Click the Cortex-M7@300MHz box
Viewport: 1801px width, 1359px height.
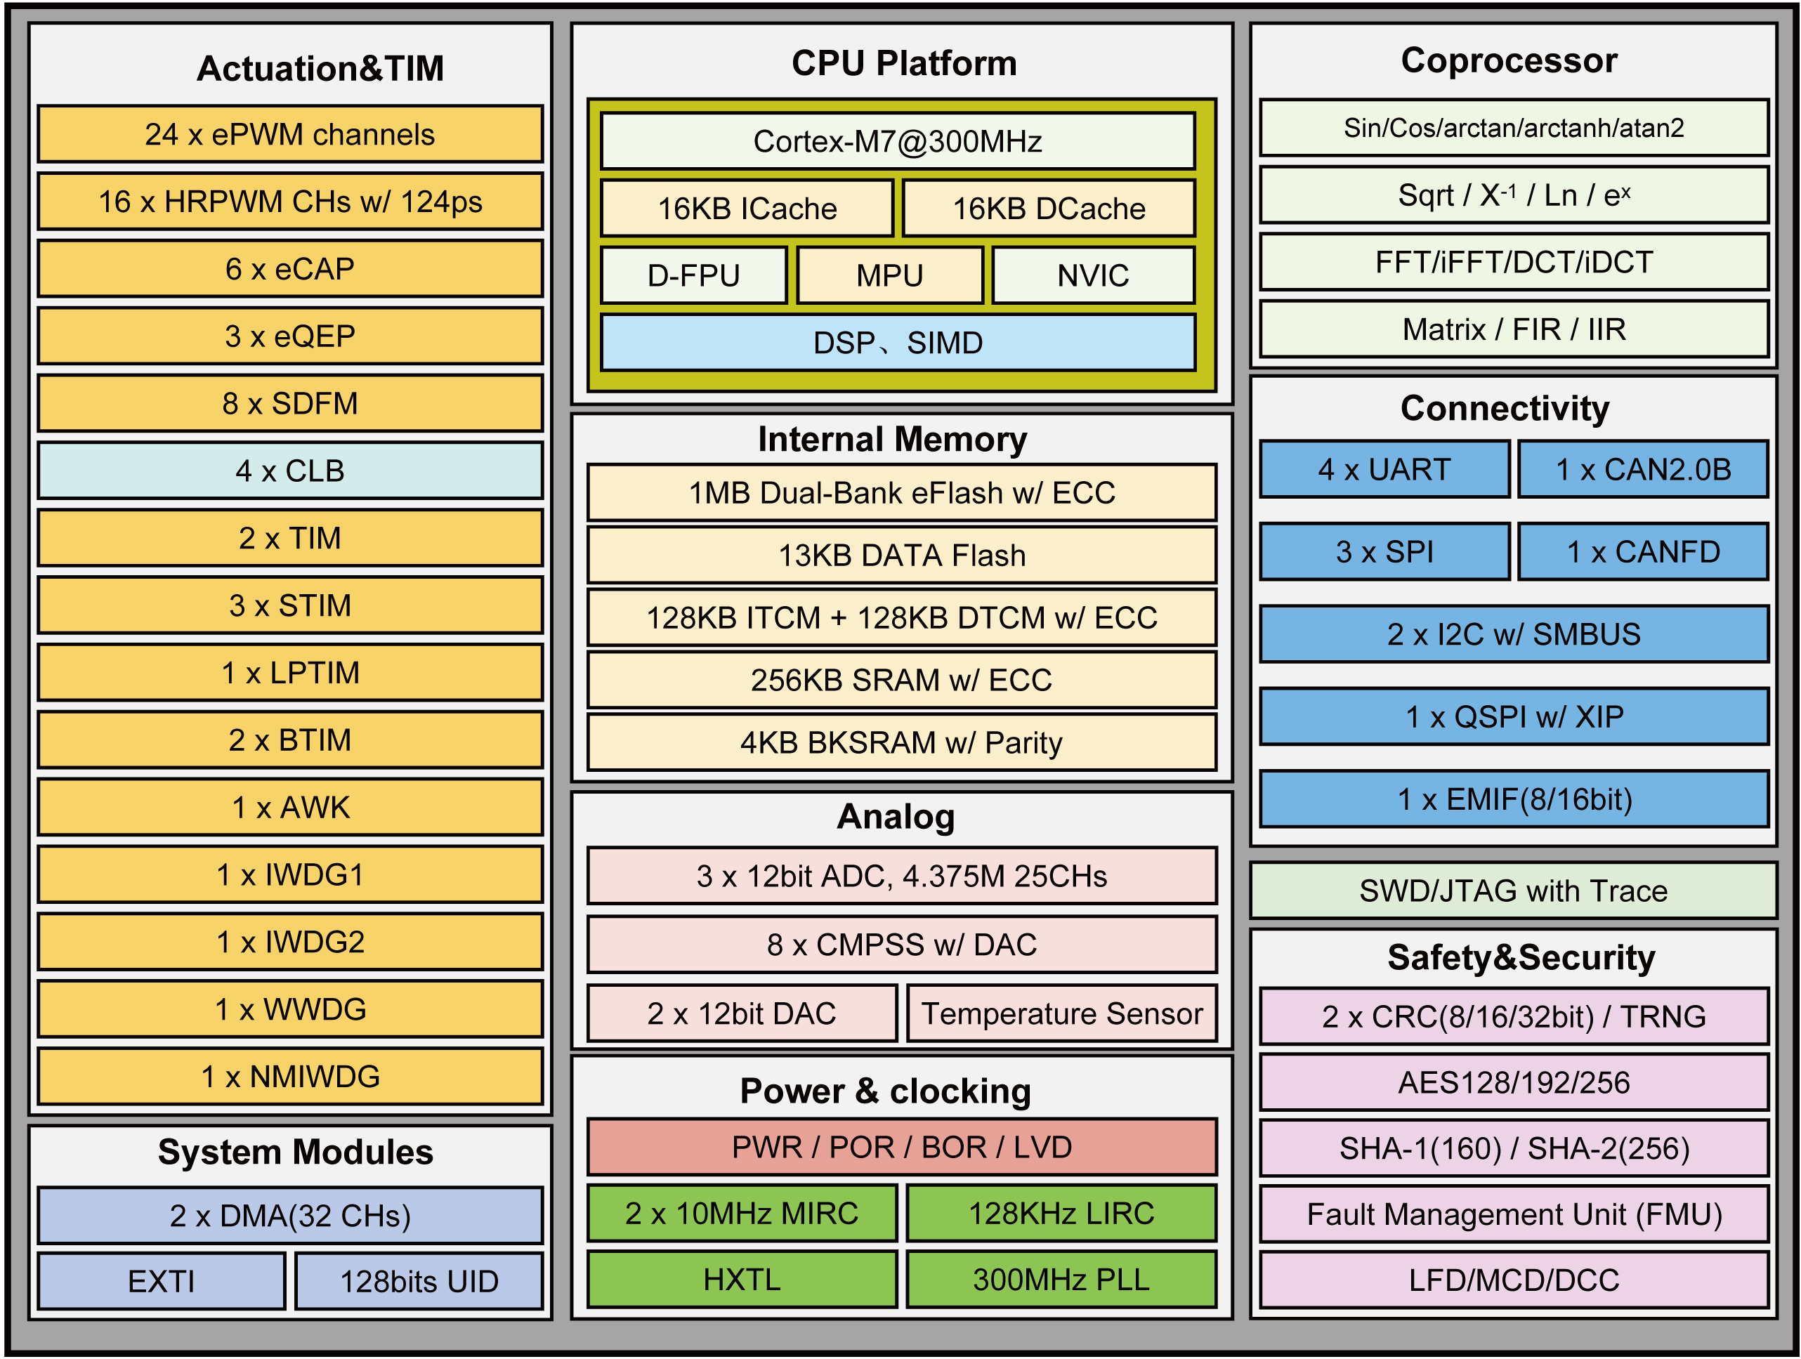click(x=897, y=141)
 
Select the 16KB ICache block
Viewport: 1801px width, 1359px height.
click(x=747, y=209)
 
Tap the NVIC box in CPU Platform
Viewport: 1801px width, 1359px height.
click(x=1093, y=275)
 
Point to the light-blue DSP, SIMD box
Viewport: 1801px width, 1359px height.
click(x=897, y=343)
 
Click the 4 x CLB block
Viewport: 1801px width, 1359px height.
click(x=290, y=471)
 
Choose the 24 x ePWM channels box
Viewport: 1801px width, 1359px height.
click(x=290, y=134)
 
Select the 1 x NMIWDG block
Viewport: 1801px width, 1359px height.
click(x=290, y=1077)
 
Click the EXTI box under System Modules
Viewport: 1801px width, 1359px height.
click(x=162, y=1281)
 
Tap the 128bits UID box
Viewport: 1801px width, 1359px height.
click(x=419, y=1281)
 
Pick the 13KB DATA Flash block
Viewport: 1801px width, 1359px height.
click(x=901, y=556)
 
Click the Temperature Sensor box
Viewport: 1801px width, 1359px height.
click(x=1062, y=1013)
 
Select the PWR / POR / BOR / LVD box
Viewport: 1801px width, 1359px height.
click(x=901, y=1146)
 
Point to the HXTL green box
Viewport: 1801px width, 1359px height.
click(x=742, y=1279)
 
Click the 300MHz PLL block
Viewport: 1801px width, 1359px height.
click(x=1061, y=1279)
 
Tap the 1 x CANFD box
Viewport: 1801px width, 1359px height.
click(x=1643, y=552)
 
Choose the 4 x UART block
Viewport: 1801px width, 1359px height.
click(x=1384, y=470)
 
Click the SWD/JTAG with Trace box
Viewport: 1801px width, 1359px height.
click(x=1513, y=891)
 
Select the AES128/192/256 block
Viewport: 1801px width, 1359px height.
click(x=1514, y=1082)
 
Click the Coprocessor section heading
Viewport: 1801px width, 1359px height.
click(x=1509, y=60)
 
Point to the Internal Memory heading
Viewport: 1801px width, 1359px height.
click(x=892, y=440)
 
